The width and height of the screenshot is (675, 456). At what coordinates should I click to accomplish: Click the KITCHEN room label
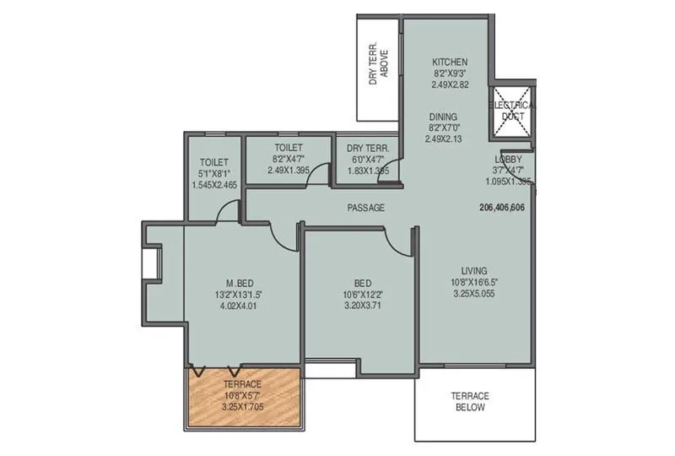click(x=450, y=62)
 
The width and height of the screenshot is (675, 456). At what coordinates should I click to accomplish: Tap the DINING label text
click(x=442, y=117)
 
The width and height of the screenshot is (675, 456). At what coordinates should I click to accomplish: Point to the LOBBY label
click(x=508, y=160)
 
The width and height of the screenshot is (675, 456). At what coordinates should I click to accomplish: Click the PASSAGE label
click(x=365, y=208)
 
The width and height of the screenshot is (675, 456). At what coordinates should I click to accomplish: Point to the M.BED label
click(x=240, y=282)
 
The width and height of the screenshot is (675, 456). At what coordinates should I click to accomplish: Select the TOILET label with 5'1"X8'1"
click(x=213, y=162)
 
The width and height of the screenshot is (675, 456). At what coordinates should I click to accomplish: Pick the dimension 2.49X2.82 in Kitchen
click(x=450, y=85)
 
